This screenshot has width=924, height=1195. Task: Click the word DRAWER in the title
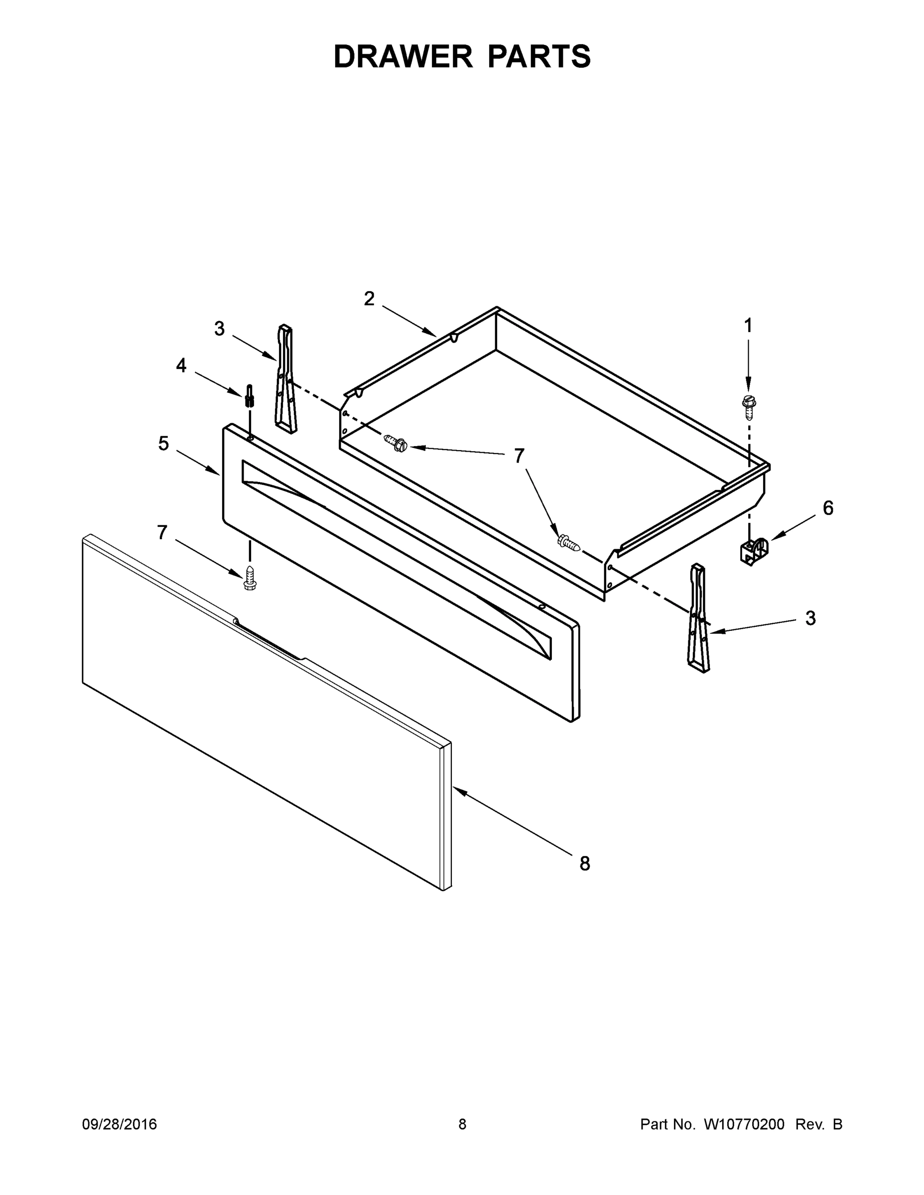[402, 56]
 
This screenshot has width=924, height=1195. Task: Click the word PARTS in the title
[539, 56]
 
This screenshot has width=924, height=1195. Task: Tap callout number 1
[748, 326]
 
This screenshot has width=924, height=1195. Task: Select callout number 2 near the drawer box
[370, 299]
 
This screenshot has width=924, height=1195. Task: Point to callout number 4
[181, 365]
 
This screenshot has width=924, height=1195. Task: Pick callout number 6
[828, 508]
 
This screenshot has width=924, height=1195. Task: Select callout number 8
[585, 863]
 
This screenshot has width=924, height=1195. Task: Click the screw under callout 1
[748, 403]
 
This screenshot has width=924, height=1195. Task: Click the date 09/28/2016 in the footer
[120, 1124]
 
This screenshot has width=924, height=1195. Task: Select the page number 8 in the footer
[462, 1124]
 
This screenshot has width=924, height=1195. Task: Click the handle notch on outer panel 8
[268, 641]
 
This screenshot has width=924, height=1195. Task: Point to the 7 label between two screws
[519, 455]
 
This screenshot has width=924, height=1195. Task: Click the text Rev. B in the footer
[818, 1124]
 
